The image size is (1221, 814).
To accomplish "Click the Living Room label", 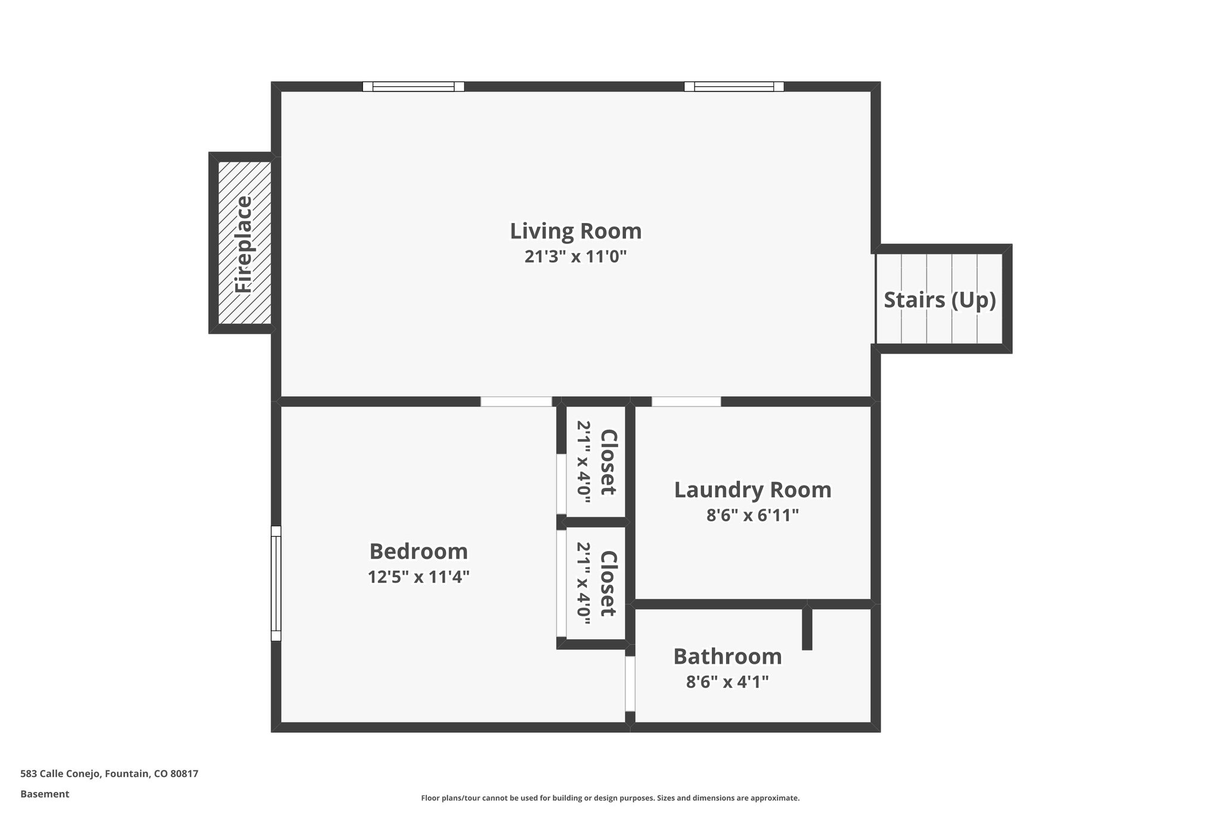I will point(575,231).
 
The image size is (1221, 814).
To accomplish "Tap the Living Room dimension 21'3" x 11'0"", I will point(575,257).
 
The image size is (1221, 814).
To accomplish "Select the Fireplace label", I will point(243,244).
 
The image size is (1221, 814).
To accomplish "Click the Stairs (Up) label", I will point(940,300).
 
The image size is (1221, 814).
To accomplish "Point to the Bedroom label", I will point(419,552).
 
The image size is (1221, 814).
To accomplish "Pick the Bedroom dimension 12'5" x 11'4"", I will point(419,577).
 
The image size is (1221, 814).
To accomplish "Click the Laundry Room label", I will point(752,490).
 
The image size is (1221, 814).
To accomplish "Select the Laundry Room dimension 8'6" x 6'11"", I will point(752,515).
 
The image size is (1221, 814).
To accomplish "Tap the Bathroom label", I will point(727,657).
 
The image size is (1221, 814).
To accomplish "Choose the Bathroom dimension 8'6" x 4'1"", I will point(727,682).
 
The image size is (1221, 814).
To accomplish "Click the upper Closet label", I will point(608,462).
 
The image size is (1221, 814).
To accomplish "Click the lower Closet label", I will point(608,583).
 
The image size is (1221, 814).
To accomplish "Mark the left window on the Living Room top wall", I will point(413,86).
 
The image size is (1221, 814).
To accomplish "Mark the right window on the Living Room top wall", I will point(734,86).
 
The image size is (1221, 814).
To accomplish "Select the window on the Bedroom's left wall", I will point(275,583).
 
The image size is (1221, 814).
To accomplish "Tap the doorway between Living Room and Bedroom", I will point(516,401).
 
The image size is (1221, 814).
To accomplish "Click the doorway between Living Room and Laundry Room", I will point(686,401).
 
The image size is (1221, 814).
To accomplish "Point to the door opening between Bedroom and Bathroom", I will point(630,683).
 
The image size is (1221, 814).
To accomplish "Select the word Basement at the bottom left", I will point(45,794).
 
